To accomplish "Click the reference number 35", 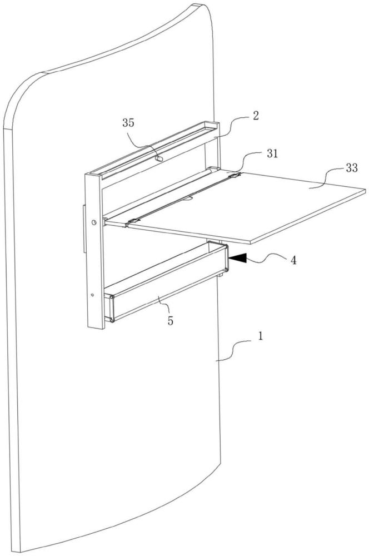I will [x=128, y=123].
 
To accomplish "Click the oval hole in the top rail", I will [x=160, y=158].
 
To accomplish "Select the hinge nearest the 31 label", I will [x=236, y=176].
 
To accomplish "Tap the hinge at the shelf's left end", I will [x=132, y=222].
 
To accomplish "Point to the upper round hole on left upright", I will [x=94, y=222].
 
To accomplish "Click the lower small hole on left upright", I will [x=92, y=294].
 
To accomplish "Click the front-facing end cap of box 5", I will [x=111, y=308].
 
